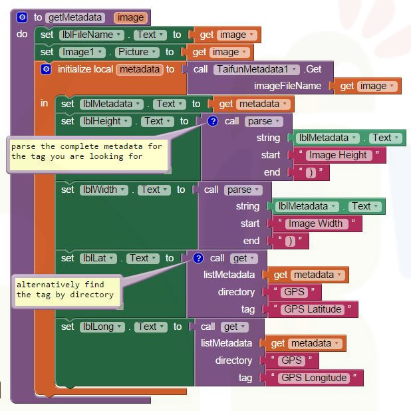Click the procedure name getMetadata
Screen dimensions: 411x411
coord(75,18)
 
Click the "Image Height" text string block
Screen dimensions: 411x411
coord(339,155)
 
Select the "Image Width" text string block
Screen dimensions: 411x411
coord(316,223)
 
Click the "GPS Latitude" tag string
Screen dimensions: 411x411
coord(313,309)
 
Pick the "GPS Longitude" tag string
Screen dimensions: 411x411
coord(314,378)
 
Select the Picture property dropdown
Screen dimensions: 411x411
coord(138,52)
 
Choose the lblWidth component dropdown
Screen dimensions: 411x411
coord(102,190)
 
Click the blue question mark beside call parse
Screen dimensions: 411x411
coord(213,121)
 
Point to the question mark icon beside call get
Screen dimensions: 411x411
coord(198,258)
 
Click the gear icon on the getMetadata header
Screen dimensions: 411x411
coord(23,18)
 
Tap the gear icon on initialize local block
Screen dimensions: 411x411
coord(46,69)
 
